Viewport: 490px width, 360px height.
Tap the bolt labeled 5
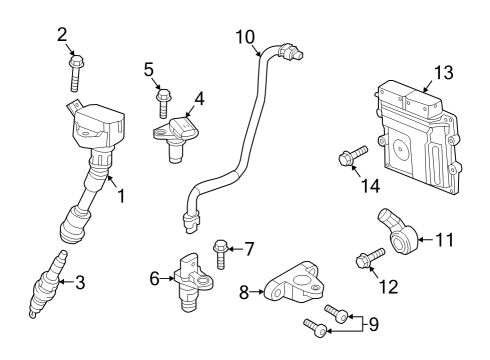[162, 101]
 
